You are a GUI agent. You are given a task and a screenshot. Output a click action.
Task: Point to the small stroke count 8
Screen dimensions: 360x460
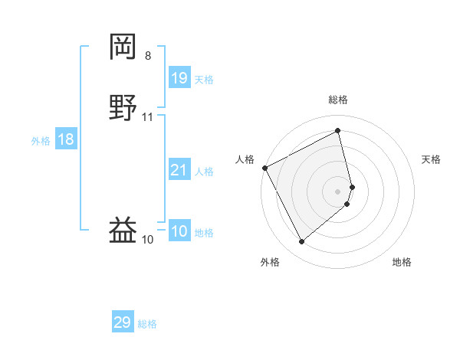click(x=148, y=56)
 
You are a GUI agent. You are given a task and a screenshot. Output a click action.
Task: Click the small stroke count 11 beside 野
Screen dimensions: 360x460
click(x=148, y=117)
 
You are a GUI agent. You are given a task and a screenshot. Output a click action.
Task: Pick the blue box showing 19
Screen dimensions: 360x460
click(x=179, y=77)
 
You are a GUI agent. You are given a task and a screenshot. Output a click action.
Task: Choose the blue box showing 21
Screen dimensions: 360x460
click(x=179, y=170)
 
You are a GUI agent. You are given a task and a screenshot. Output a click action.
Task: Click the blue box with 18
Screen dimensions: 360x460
click(x=66, y=139)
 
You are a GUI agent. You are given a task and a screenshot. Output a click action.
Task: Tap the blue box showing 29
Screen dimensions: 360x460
click(x=123, y=322)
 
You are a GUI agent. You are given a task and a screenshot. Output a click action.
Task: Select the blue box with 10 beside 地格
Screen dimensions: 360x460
click(x=179, y=231)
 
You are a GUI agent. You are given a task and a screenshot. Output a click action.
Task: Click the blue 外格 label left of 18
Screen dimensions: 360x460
click(x=41, y=141)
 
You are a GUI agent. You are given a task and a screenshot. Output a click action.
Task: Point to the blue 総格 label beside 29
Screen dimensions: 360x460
click(x=147, y=324)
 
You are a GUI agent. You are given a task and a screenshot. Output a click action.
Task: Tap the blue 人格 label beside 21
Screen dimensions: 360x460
click(x=205, y=172)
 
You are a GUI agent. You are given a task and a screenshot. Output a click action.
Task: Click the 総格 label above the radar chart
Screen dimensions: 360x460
click(x=338, y=100)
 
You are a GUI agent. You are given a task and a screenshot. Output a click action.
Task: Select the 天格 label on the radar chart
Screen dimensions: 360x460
click(x=432, y=159)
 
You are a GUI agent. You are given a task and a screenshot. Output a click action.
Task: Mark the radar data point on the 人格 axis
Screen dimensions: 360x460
click(x=264, y=168)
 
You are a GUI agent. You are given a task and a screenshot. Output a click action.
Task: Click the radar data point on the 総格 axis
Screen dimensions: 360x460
click(x=338, y=131)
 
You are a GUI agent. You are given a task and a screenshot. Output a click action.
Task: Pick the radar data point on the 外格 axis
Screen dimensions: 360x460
click(x=301, y=242)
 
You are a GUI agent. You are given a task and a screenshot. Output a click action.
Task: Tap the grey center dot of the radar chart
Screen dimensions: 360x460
click(x=338, y=191)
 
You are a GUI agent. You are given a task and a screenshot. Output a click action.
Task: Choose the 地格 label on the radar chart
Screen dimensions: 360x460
click(x=402, y=262)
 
